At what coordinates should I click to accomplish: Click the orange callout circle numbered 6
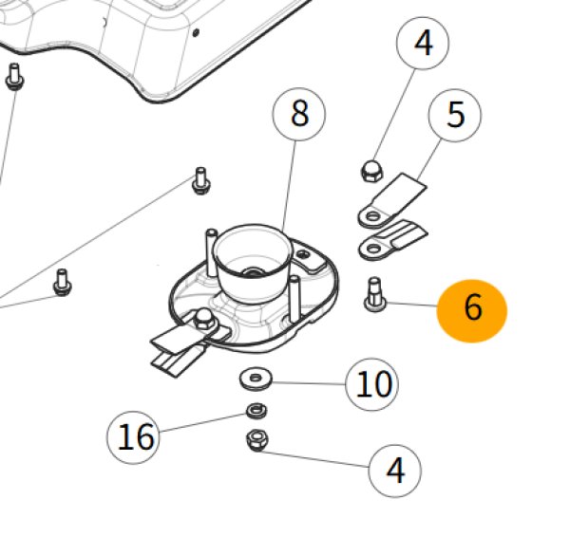(472, 309)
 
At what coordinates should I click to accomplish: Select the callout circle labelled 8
(299, 116)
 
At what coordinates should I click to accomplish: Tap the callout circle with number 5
(456, 116)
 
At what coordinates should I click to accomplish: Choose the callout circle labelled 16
(136, 437)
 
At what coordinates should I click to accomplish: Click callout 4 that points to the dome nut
(423, 45)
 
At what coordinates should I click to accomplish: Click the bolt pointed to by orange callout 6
(372, 292)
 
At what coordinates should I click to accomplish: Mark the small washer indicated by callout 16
(254, 412)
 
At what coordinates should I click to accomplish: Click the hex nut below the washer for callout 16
(255, 439)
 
